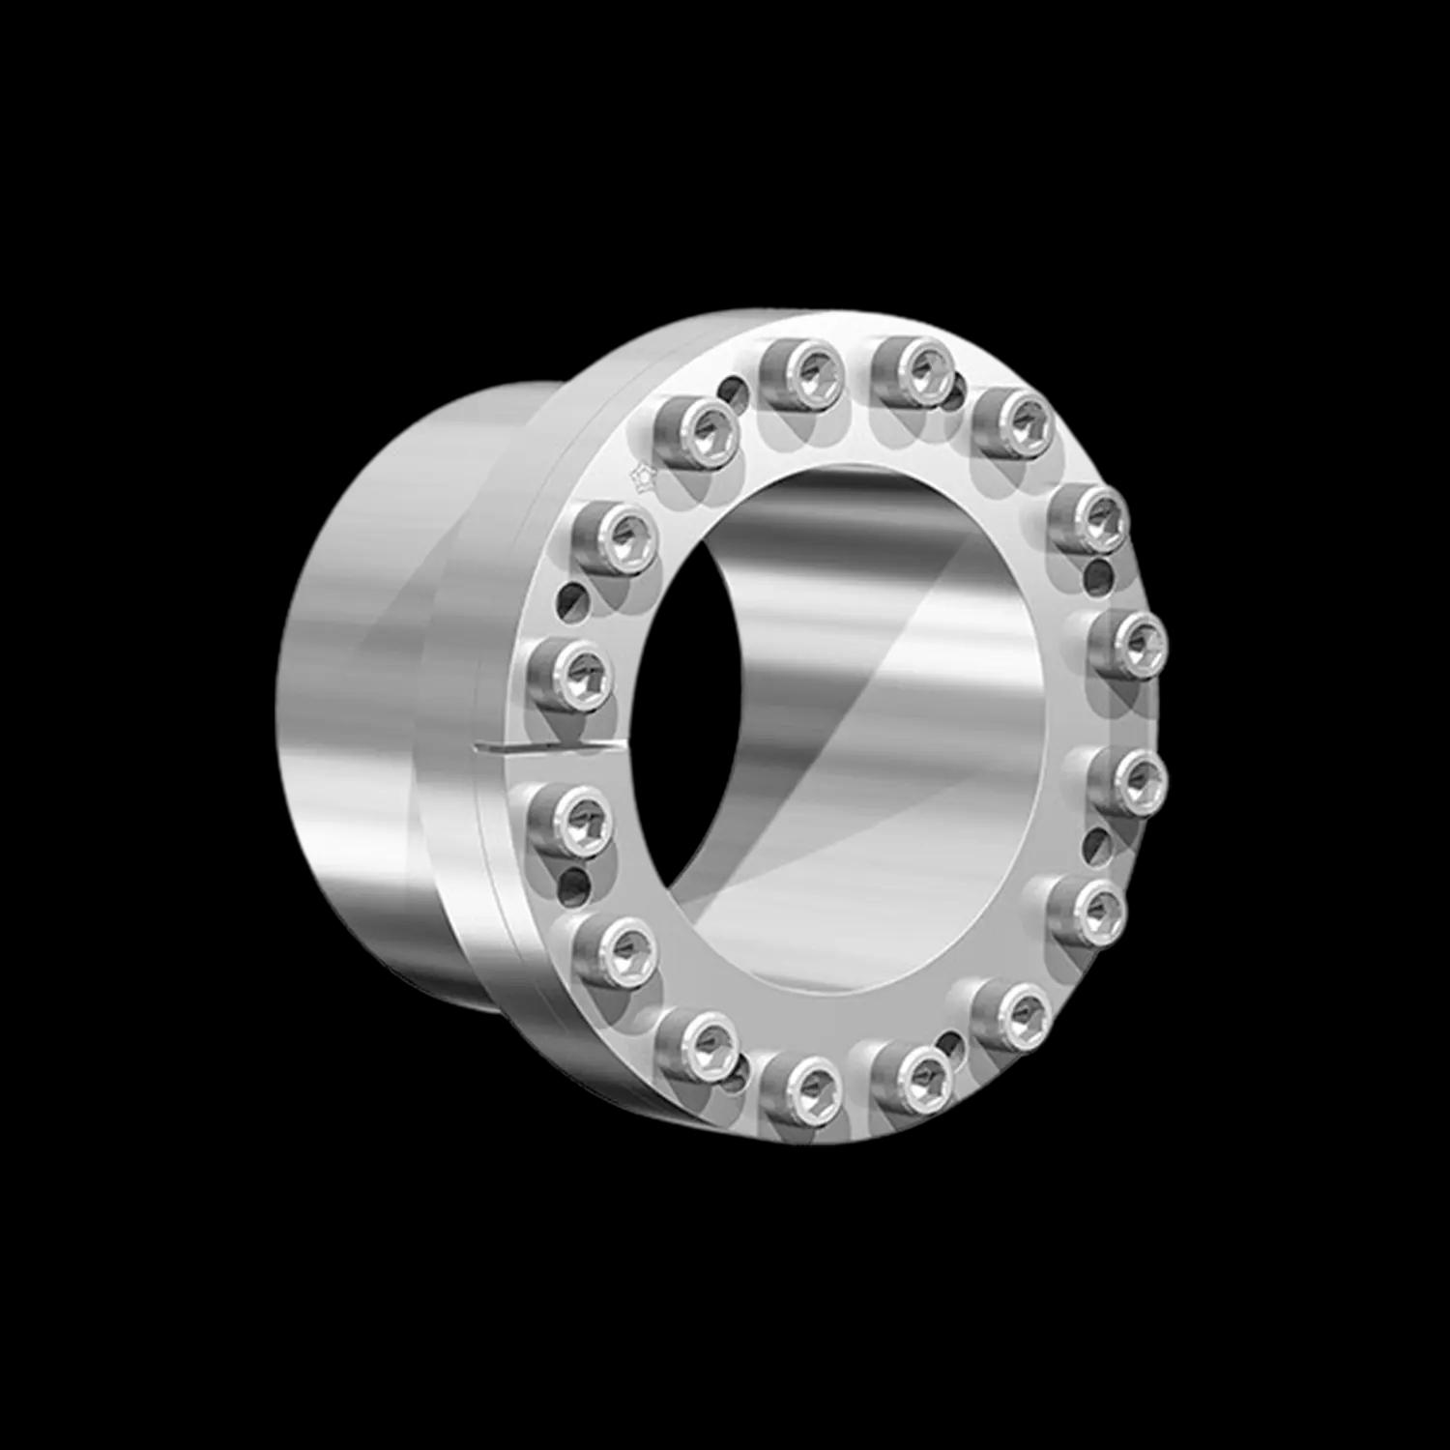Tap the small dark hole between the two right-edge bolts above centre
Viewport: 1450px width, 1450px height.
click(x=1098, y=579)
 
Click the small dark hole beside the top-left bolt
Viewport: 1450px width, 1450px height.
click(x=736, y=391)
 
